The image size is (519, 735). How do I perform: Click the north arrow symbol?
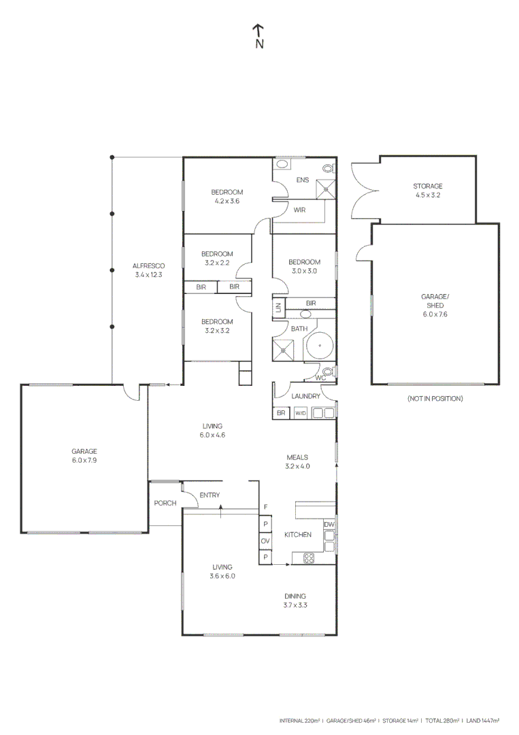258,36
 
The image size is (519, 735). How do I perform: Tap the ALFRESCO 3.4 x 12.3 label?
149,270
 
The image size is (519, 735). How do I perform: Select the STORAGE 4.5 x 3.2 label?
428,191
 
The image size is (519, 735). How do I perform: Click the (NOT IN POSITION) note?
435,398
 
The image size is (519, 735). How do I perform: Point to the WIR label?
299,210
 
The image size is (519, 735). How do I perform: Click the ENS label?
302,180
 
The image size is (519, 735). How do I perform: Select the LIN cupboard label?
278,308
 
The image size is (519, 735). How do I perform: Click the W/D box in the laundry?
301,412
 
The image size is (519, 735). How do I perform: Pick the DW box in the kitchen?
329,525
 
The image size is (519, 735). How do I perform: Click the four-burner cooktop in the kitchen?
308,558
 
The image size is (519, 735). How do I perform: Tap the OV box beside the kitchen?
265,541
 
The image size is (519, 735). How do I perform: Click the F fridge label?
265,508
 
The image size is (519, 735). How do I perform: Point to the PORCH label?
165,504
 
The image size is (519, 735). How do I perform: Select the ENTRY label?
210,495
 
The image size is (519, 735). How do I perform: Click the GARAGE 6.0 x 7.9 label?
84,456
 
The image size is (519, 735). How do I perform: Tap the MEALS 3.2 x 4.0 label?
297,462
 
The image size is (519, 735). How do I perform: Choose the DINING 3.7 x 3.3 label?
295,600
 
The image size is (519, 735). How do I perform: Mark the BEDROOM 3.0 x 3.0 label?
303,266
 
